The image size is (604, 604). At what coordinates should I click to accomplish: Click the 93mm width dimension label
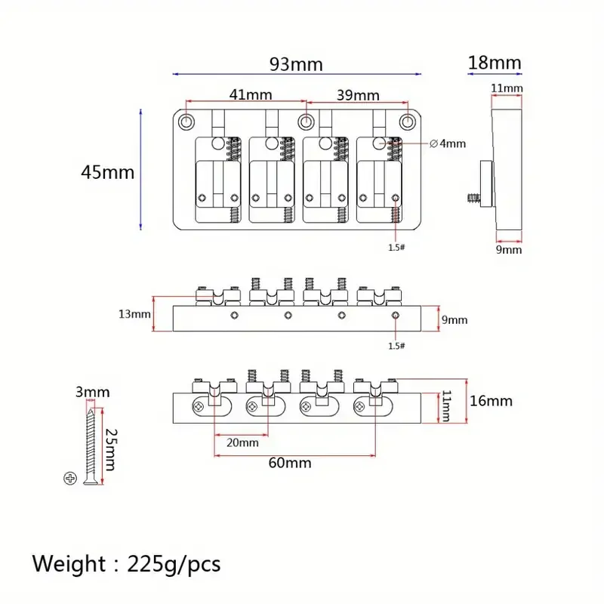tap(296, 64)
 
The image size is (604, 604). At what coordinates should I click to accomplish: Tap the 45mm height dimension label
tap(107, 172)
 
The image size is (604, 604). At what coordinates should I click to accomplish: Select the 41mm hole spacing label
tap(251, 94)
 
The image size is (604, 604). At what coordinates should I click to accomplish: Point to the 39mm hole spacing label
tap(358, 95)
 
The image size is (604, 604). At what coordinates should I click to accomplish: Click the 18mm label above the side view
tap(495, 63)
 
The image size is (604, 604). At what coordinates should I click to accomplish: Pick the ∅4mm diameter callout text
tap(448, 143)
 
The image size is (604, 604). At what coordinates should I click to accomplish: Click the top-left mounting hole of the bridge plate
tap(186, 122)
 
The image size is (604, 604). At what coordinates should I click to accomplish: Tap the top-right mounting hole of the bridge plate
tap(407, 122)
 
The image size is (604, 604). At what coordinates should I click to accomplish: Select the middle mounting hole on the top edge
tap(306, 122)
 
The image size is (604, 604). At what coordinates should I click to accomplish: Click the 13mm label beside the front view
tap(134, 314)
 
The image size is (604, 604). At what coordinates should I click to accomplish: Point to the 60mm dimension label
tap(290, 463)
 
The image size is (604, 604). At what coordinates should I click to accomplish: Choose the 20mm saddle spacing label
tap(242, 442)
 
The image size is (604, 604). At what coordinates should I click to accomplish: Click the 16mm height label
tap(492, 401)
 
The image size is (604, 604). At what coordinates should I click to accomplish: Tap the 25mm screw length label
tap(111, 449)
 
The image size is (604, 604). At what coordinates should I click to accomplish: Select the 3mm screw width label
tap(92, 392)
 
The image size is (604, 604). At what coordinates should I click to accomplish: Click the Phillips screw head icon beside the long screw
tap(70, 479)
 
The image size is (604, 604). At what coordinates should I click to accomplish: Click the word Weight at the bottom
tap(69, 564)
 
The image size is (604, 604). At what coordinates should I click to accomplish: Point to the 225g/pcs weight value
tap(174, 565)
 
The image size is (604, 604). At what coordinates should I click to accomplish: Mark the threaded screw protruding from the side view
tap(474, 199)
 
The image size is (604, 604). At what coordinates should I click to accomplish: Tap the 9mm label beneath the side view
tap(508, 250)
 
